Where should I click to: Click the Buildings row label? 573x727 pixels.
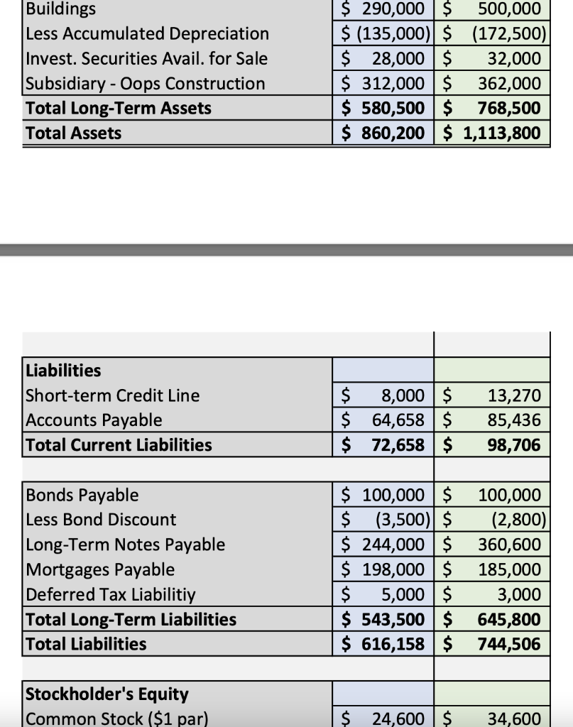[60, 9]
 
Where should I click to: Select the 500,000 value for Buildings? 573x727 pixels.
[509, 9]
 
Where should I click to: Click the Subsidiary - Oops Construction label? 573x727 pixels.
[145, 84]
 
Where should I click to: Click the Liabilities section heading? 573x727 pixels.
[63, 371]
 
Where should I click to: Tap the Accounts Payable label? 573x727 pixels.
[94, 420]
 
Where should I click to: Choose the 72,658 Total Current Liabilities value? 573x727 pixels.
[398, 445]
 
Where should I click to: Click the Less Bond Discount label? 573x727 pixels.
[101, 520]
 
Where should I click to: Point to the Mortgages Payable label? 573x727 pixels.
[99, 569]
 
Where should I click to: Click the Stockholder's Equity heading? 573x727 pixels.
[107, 694]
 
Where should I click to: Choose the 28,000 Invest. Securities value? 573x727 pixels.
[398, 59]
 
